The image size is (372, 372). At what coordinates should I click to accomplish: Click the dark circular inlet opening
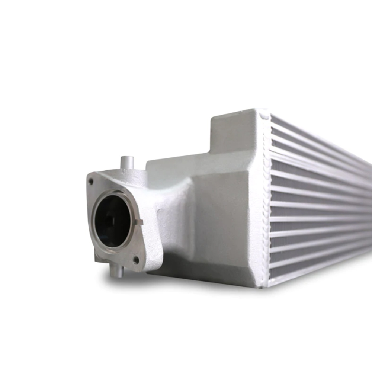pyautogui.click(x=112, y=221)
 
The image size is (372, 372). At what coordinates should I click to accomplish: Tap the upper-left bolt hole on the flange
pyautogui.click(x=90, y=182)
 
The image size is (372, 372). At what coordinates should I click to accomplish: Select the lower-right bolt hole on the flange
pyautogui.click(x=136, y=259)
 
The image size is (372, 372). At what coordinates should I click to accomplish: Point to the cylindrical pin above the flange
pyautogui.click(x=127, y=162)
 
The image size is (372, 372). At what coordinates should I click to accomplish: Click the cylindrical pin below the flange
pyautogui.click(x=116, y=272)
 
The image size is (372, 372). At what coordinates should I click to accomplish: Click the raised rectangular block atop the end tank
pyautogui.click(x=234, y=130)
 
